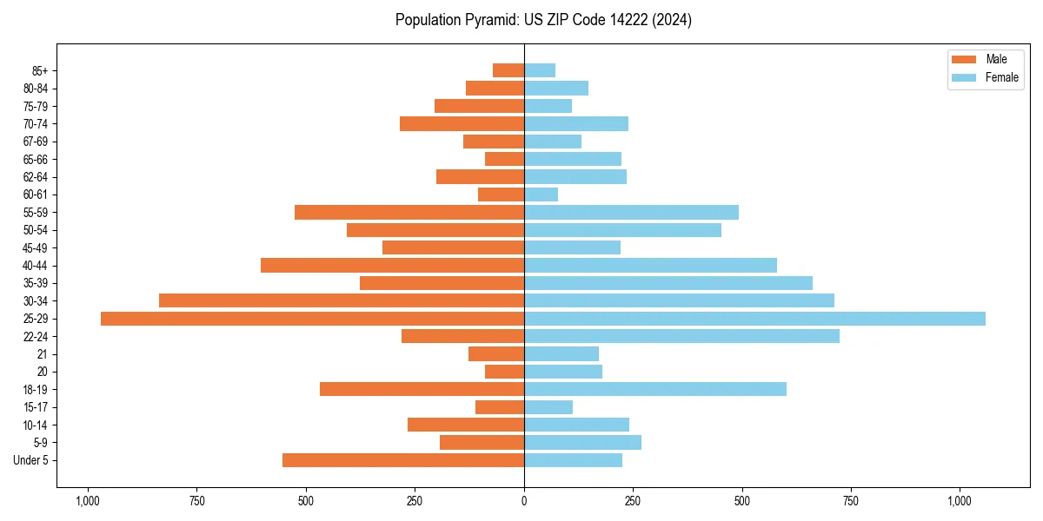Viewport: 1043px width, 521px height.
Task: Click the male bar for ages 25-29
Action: (312, 319)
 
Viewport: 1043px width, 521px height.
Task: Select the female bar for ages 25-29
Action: (754, 319)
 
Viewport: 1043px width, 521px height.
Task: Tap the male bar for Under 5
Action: (403, 460)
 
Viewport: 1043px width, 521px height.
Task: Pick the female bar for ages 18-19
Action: (655, 389)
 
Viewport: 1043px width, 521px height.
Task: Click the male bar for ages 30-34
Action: (342, 300)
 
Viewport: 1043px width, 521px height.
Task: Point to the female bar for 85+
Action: (540, 70)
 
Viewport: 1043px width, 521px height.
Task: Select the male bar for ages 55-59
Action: (409, 213)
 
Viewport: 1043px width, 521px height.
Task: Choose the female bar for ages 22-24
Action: (681, 336)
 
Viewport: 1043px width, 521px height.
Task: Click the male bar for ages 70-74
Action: (462, 124)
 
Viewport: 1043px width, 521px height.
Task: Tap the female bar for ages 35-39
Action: (668, 283)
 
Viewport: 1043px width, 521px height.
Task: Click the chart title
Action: (543, 20)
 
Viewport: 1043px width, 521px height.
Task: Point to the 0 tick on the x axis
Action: (524, 501)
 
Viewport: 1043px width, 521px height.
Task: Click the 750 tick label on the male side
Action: (196, 501)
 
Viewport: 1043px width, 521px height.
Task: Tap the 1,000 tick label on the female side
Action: (960, 501)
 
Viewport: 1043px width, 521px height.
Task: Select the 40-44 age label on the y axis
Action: (36, 266)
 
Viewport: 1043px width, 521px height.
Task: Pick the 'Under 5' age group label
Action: (31, 460)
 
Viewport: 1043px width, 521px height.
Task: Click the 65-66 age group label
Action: (36, 160)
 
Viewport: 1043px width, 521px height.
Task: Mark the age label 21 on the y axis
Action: (43, 354)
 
